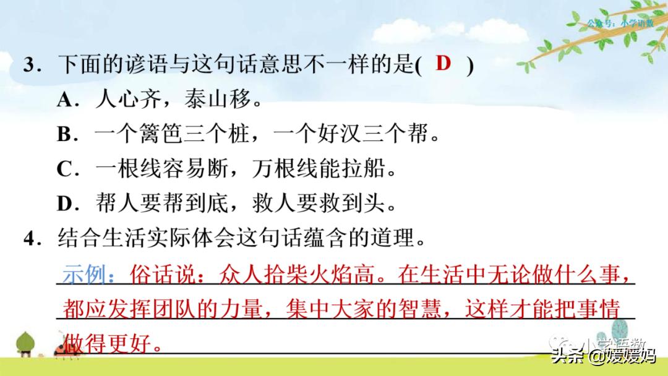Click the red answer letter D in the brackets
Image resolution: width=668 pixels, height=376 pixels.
click(x=443, y=63)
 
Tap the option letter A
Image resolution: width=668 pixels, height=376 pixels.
click(x=64, y=100)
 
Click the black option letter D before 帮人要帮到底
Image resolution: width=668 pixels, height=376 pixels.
click(x=64, y=204)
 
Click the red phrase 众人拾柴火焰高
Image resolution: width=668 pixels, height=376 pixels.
click(x=297, y=274)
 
